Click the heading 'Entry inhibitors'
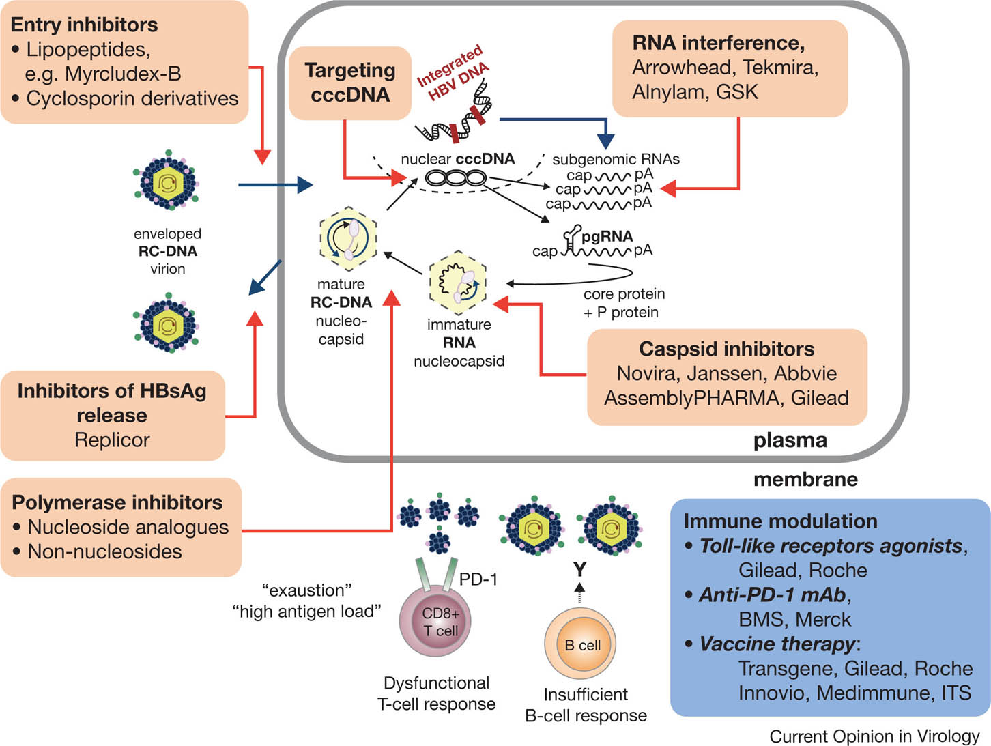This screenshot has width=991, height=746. (x=84, y=25)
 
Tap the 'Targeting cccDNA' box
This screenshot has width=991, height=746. (x=350, y=82)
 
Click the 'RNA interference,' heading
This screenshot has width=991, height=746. (x=718, y=43)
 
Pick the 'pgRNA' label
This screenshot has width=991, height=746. (x=607, y=236)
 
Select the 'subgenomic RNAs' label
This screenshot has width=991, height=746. (x=616, y=159)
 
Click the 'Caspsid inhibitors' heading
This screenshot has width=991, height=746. (x=726, y=349)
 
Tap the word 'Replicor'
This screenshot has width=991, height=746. (x=112, y=440)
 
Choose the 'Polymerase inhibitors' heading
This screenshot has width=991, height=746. (x=117, y=502)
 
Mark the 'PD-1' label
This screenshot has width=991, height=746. (x=478, y=579)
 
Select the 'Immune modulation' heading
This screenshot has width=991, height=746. (x=780, y=521)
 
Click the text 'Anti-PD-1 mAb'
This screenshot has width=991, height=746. (x=772, y=594)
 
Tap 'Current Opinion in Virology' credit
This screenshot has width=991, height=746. (x=874, y=736)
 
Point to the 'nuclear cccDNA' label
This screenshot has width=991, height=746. (x=457, y=159)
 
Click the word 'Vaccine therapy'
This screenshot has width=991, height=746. (x=777, y=644)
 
